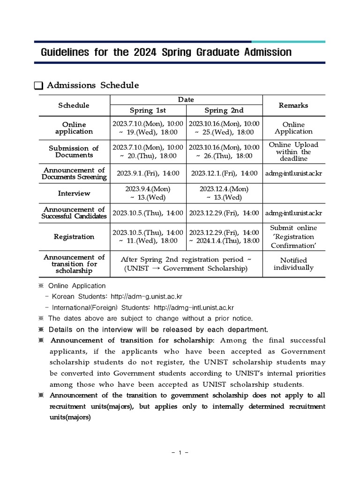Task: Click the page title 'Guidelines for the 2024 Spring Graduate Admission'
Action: [x=166, y=52]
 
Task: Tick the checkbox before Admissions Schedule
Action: [x=38, y=86]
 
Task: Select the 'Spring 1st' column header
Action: [x=148, y=111]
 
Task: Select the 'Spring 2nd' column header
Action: [x=224, y=111]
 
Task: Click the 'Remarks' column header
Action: [x=293, y=105]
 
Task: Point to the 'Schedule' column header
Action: [x=74, y=105]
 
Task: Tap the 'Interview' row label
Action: [x=74, y=193]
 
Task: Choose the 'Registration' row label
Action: [x=74, y=237]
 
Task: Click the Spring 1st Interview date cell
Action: [x=148, y=193]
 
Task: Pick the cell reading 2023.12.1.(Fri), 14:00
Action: [x=224, y=173]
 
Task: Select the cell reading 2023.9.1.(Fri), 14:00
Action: [x=148, y=173]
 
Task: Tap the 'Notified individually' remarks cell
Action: [x=293, y=264]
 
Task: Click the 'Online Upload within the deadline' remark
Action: [x=293, y=151]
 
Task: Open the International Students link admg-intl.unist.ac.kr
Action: [x=194, y=307]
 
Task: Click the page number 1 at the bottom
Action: [x=180, y=453]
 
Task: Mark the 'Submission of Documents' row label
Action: [x=74, y=151]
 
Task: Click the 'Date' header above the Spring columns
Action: [x=186, y=99]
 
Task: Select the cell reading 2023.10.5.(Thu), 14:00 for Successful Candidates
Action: [x=148, y=213]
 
